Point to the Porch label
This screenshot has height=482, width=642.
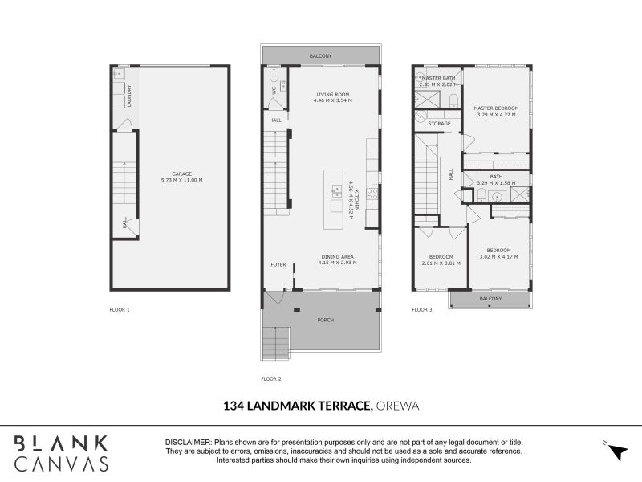pos(326,320)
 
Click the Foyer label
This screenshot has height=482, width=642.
pos(277,263)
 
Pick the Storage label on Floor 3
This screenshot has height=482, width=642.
pos(439,124)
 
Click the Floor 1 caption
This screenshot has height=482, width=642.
pos(119,309)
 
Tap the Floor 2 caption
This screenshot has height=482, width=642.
pos(271,378)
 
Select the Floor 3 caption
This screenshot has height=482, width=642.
pos(422,309)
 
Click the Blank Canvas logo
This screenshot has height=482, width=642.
pos(61,452)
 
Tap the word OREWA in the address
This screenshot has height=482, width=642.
pos(397,407)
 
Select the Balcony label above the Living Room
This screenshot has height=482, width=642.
pos(320,56)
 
